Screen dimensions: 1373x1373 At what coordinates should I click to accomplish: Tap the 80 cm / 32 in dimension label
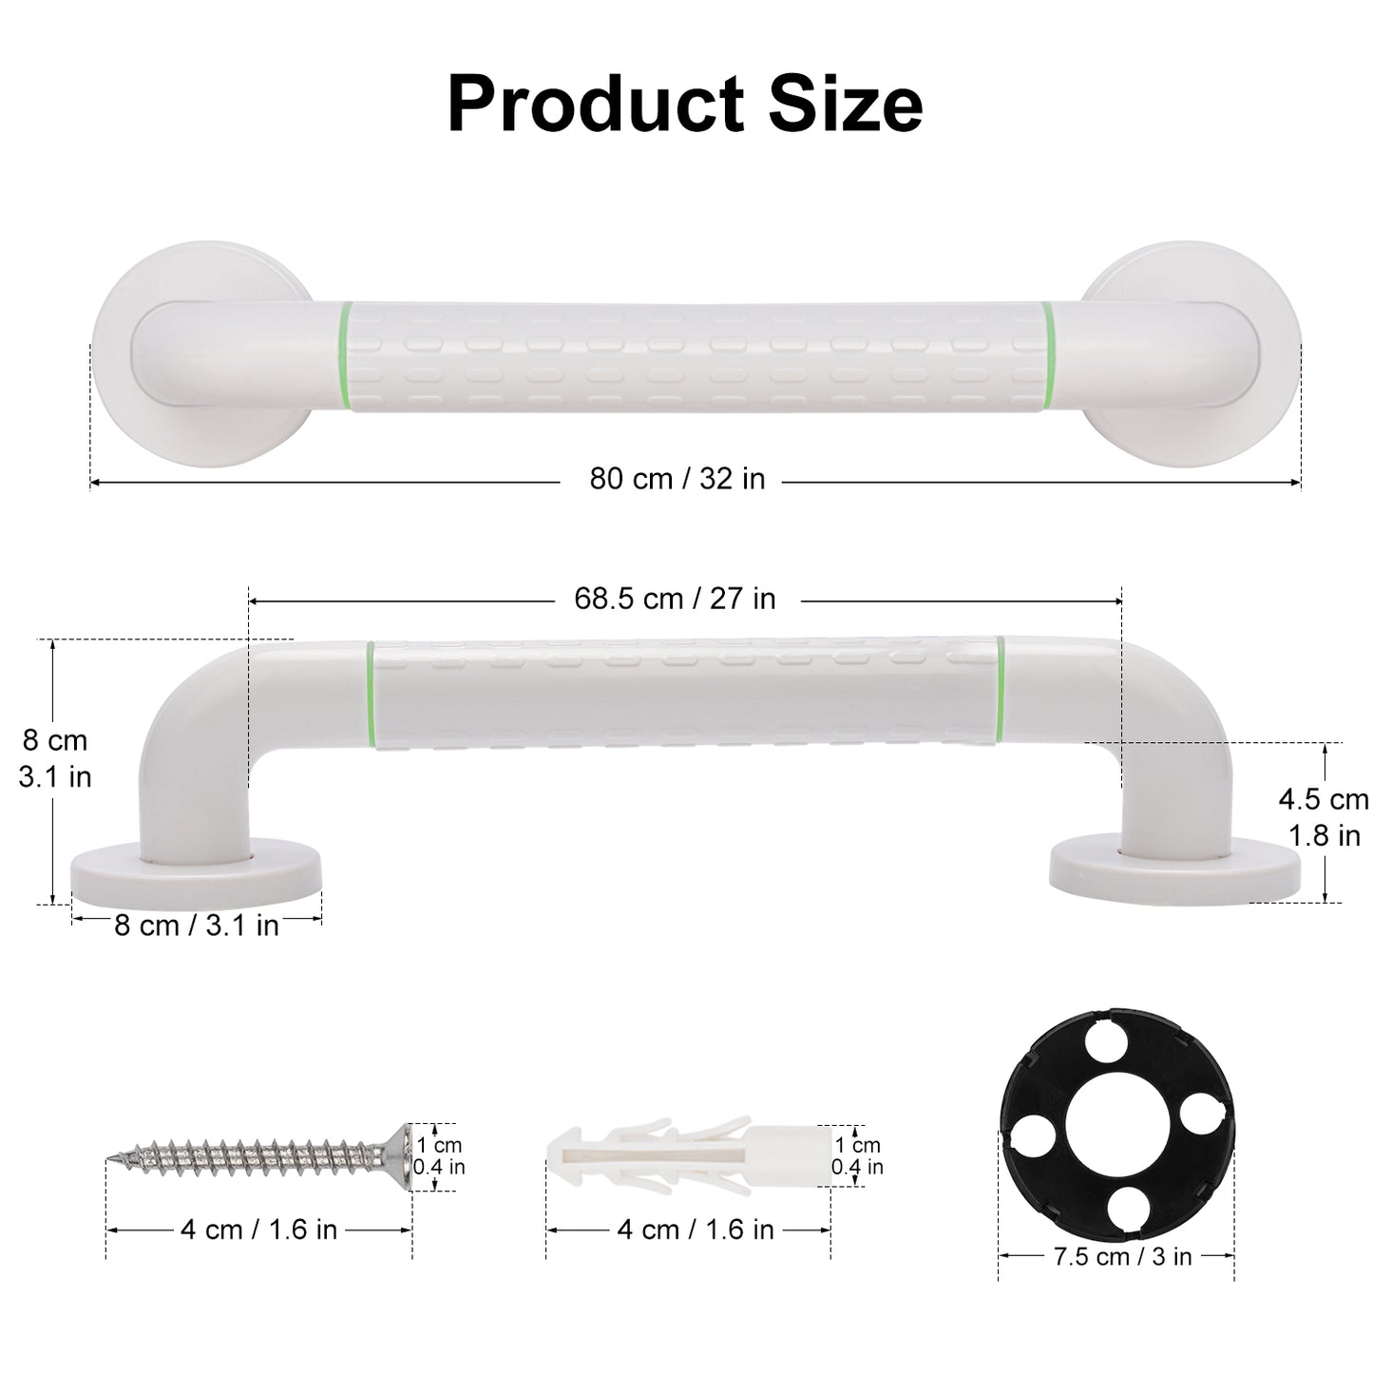click(677, 478)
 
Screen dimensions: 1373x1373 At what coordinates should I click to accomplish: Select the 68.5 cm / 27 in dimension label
click(675, 599)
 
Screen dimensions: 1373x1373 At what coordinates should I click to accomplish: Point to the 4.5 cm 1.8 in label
click(1323, 817)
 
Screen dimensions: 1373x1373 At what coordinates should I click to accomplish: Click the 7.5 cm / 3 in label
click(1122, 1256)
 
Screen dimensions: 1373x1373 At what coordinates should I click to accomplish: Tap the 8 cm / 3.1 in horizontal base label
click(197, 925)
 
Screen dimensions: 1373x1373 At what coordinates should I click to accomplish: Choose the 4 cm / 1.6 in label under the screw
click(258, 1230)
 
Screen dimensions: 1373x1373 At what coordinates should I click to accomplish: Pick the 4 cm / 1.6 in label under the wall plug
click(696, 1230)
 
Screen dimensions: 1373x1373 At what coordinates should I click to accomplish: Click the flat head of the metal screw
click(402, 1156)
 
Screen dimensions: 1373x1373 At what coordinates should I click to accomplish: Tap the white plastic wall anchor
click(684, 1154)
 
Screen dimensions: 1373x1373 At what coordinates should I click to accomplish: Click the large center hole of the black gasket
click(1116, 1134)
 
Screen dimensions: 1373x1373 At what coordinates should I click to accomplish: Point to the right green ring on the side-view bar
click(1000, 692)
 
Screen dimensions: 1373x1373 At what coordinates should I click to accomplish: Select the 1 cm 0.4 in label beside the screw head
click(439, 1156)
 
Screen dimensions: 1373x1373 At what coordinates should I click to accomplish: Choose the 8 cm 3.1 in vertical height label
click(55, 758)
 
